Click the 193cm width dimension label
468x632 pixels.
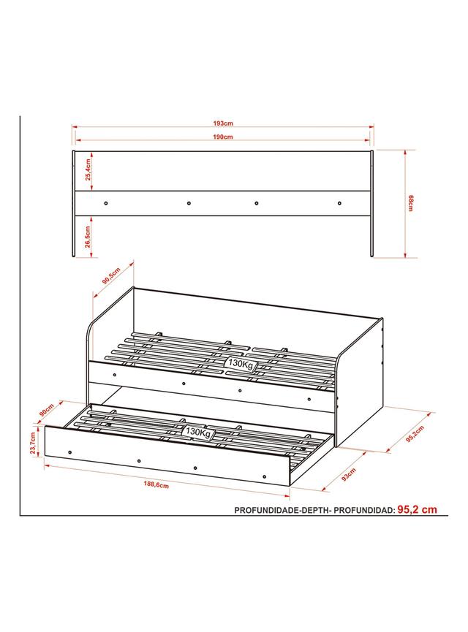[x=223, y=123]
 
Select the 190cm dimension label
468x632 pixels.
[x=223, y=137]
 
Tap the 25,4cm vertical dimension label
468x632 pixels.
[x=88, y=170]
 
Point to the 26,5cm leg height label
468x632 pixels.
[x=88, y=236]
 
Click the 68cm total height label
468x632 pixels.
[x=410, y=203]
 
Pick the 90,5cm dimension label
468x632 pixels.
[x=111, y=275]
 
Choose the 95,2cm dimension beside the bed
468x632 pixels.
[x=415, y=434]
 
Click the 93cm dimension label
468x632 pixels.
[x=349, y=474]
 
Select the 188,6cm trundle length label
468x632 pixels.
[x=156, y=484]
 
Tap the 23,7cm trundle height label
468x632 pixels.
[x=34, y=443]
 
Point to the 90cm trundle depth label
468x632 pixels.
[x=47, y=411]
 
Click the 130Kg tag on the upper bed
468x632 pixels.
[x=241, y=364]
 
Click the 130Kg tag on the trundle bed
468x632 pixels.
[x=198, y=432]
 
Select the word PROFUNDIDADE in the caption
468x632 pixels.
[x=267, y=510]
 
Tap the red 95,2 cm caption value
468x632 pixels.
[x=417, y=509]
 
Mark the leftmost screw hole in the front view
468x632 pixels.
[x=106, y=204]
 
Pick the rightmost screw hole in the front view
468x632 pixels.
[x=339, y=203]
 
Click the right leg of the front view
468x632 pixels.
[x=371, y=204]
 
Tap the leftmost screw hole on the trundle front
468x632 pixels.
[x=70, y=452]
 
